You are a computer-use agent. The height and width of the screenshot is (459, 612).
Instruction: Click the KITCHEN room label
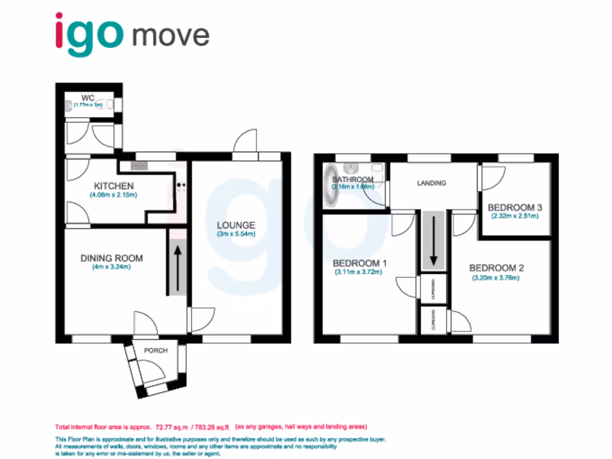[112, 186]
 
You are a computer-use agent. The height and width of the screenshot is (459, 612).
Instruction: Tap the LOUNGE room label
[235, 225]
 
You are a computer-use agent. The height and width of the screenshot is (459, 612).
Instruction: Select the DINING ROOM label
[112, 258]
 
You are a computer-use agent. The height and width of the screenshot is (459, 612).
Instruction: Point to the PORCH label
[155, 350]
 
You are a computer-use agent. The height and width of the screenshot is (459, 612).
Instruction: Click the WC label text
[88, 98]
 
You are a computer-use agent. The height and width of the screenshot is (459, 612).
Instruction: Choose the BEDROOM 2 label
[496, 268]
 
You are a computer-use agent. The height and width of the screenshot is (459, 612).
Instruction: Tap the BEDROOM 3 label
[515, 207]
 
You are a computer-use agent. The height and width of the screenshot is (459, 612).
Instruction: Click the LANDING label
[431, 183]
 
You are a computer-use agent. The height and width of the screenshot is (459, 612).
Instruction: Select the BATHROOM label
[353, 179]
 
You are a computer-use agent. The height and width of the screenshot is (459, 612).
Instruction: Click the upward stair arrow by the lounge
[178, 264]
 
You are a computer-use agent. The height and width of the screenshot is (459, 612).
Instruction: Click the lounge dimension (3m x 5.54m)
[235, 234]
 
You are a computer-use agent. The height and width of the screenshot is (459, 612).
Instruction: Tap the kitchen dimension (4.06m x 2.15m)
[113, 195]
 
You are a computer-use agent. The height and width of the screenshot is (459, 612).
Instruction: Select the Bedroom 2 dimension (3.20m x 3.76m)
[495, 277]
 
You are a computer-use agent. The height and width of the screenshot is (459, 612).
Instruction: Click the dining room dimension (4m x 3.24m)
[111, 267]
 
